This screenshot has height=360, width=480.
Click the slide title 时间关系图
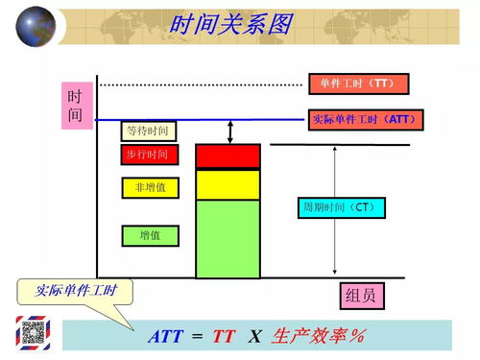[x=229, y=25]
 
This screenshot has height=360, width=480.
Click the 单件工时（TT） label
[x=357, y=84]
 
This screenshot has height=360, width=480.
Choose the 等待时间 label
[x=148, y=131]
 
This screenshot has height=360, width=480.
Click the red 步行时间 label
[x=147, y=155]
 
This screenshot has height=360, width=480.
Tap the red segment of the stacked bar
[x=228, y=156]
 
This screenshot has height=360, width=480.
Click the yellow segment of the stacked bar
[x=228, y=183]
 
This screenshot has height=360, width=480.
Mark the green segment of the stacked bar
[x=228, y=238]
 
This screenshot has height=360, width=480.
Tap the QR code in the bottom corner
[x=35, y=333]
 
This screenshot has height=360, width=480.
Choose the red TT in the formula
[x=224, y=336]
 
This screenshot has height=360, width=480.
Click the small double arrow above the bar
[x=230, y=131]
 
